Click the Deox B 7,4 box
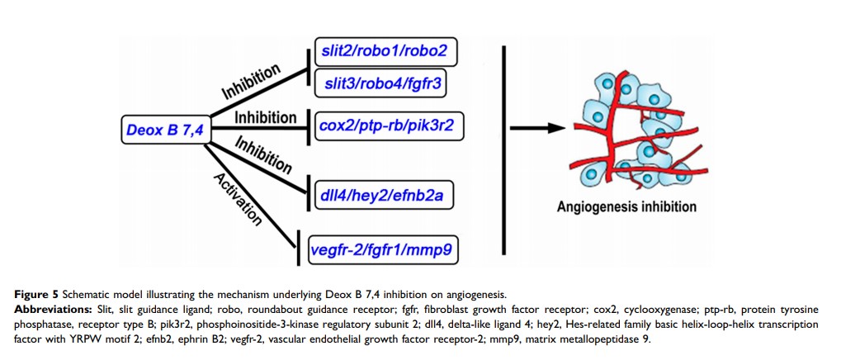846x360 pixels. pos(163,129)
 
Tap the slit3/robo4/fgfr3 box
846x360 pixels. pos(385,83)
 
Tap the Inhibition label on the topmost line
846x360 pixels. pos(252,80)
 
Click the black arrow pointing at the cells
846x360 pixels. pos(537,128)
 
